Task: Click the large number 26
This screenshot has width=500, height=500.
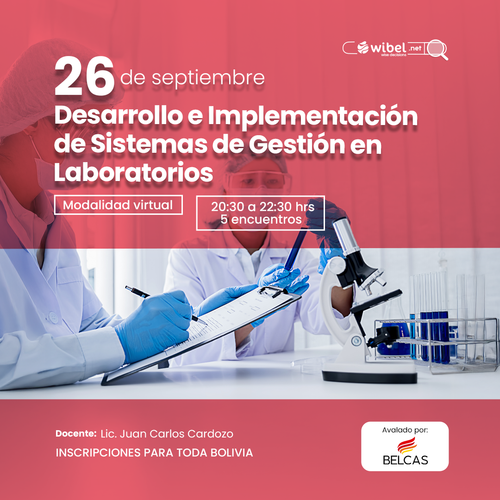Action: [84, 76]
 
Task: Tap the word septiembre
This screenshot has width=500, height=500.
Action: [208, 78]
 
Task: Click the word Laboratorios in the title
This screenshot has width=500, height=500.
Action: [133, 172]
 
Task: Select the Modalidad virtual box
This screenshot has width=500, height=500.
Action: [119, 205]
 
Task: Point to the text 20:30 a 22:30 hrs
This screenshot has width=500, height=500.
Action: [263, 206]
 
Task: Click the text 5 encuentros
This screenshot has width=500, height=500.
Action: [261, 219]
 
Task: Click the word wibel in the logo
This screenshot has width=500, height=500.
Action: [388, 48]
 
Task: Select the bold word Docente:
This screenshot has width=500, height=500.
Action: [76, 433]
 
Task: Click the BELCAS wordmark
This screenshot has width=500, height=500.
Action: [405, 460]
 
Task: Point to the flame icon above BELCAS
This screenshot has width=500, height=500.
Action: [407, 445]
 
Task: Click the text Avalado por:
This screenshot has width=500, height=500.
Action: [405, 430]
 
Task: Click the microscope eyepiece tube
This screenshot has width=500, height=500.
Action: [347, 236]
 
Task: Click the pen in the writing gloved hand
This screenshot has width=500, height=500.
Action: [166, 305]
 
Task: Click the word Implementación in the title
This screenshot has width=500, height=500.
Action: [313, 116]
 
